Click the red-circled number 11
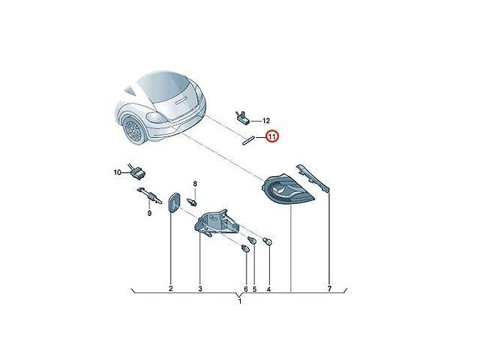(271, 136)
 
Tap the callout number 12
(266, 121)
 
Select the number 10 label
(118, 172)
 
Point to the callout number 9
(149, 213)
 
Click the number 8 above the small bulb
(195, 184)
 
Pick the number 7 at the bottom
(329, 288)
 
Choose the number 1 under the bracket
(240, 301)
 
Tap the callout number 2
(171, 288)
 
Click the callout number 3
(200, 288)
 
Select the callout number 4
(268, 289)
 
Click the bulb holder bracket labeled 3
(217, 223)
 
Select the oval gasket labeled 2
(174, 202)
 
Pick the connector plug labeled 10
(136, 173)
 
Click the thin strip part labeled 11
(248, 139)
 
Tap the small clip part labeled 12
(243, 118)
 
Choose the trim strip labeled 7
(313, 178)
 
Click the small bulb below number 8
(192, 202)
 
